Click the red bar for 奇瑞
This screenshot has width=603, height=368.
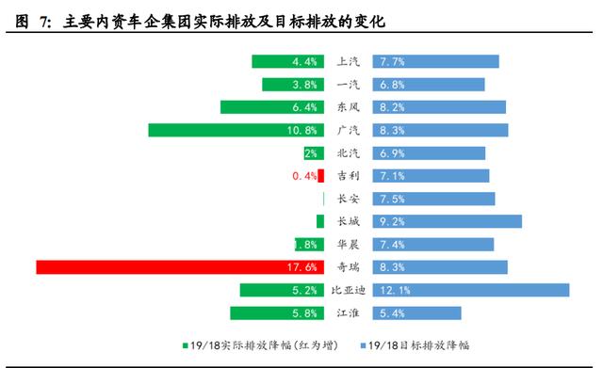pos(179,267)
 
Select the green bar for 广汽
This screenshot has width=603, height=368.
pos(236,130)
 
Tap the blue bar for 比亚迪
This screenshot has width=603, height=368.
pos(471,290)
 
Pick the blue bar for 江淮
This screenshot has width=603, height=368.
pos(416,312)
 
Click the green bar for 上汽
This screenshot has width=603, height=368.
pos(287,61)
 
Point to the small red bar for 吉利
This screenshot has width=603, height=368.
pos(320,176)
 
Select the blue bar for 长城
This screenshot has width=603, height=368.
pos(447,221)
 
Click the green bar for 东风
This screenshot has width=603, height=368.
pos(272,107)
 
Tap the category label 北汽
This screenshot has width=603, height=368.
pos(348,152)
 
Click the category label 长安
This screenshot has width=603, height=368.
pos(348,199)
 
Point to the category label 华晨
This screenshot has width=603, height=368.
pos(348,245)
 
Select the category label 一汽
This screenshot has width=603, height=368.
pos(348,85)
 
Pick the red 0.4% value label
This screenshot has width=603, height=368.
pos(304,176)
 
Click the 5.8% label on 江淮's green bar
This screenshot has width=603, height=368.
pos(303,313)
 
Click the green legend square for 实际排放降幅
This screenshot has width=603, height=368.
pos(186,346)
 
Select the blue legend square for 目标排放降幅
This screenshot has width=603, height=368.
pos(362,346)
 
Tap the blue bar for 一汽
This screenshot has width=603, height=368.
pos(429,85)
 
